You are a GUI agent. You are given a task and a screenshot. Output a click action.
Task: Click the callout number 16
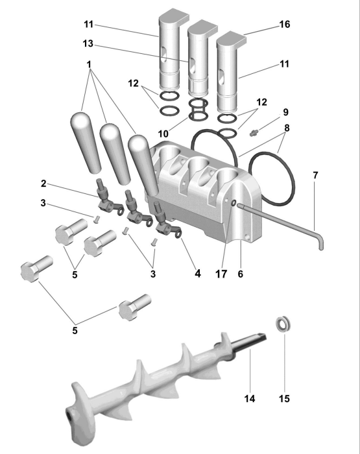click(284, 25)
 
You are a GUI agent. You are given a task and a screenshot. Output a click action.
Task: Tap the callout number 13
click(88, 43)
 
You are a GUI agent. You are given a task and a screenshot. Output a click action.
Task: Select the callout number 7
click(315, 175)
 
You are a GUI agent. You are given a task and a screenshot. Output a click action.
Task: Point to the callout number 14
click(250, 399)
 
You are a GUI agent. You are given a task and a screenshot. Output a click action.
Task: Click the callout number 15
click(284, 399)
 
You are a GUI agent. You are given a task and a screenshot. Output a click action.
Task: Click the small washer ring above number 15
click(283, 324)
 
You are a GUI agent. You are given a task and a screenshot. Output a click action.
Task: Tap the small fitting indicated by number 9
click(254, 133)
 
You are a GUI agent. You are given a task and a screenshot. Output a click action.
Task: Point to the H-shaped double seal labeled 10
click(198, 110)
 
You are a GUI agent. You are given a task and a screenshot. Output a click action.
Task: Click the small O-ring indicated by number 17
click(234, 204)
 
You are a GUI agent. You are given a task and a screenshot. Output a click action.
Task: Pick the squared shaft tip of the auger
click(261, 336)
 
